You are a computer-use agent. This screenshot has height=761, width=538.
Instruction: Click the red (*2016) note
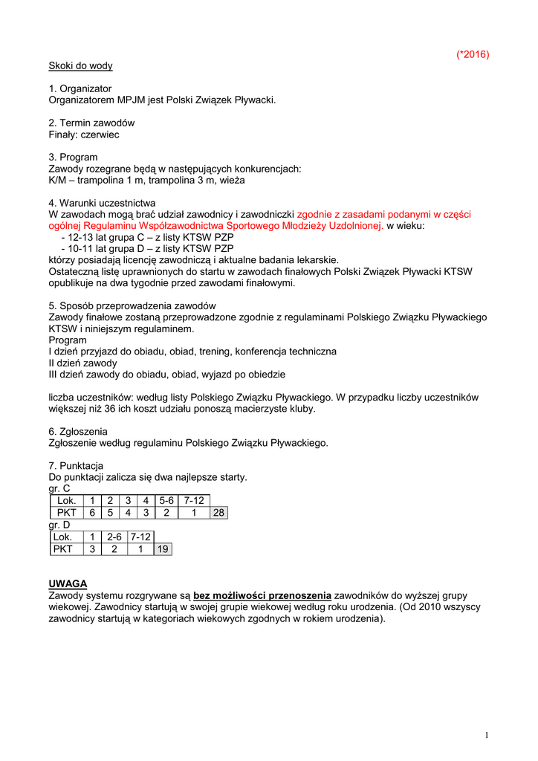coord(473,54)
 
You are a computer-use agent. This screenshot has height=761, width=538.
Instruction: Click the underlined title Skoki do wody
coord(80,65)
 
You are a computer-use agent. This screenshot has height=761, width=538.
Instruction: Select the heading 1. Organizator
coord(80,88)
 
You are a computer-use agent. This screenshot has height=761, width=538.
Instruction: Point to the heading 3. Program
coord(73,158)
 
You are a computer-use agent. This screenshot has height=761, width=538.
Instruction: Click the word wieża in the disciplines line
coord(232,181)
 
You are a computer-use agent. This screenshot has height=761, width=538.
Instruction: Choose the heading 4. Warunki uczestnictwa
coord(102,203)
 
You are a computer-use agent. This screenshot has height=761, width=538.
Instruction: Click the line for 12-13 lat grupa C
coord(147,237)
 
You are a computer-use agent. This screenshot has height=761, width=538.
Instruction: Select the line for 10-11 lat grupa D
coord(147,248)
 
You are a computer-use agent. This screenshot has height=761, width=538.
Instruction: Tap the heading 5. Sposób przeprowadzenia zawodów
coord(132,306)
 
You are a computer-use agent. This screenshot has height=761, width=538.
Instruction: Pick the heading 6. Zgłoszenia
coord(78,432)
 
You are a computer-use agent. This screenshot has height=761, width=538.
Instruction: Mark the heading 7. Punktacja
coord(76,466)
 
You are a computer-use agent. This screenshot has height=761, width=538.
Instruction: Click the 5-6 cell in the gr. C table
coord(166,501)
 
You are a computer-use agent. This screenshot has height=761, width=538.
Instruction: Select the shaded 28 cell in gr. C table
coord(218,513)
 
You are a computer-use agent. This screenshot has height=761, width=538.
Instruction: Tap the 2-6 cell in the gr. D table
coord(114,537)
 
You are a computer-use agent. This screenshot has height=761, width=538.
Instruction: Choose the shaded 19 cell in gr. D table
coord(163,549)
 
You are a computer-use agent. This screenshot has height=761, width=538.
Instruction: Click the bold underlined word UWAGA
coord(68,583)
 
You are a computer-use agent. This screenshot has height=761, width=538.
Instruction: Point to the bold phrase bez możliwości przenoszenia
coord(262,595)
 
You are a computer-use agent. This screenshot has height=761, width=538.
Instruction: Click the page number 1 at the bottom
coord(487,736)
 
